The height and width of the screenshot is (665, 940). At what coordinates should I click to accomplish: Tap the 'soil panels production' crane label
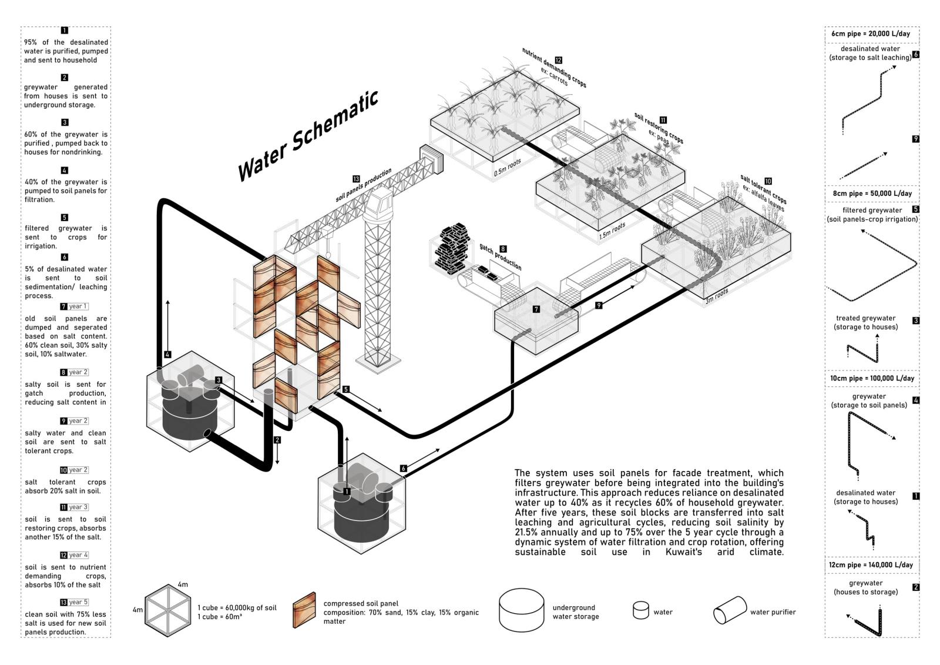tap(364, 185)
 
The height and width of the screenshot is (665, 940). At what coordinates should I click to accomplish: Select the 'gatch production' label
tap(501, 257)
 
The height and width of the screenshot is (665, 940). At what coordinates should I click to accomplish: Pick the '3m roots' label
tap(717, 296)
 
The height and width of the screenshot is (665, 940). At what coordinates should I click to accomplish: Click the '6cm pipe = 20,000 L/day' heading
tap(871, 34)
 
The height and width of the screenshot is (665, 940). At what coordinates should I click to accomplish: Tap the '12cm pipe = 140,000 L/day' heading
tap(871, 565)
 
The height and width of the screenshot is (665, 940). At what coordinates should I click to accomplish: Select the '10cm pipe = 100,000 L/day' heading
tap(872, 379)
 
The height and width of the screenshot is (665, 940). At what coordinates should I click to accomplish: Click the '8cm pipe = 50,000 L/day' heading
tap(872, 193)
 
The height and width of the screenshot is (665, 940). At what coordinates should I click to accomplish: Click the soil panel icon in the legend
tap(304, 611)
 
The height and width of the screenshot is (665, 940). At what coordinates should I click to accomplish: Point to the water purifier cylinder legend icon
tap(729, 611)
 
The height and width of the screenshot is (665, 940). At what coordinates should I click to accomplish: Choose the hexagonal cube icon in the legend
tap(169, 610)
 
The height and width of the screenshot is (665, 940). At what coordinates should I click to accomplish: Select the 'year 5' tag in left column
tap(78, 602)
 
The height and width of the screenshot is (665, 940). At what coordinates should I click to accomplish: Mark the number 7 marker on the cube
tap(536, 309)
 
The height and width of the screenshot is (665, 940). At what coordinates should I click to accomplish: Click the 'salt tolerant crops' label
tap(763, 189)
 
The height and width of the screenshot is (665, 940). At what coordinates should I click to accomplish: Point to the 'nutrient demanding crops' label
tap(553, 68)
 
